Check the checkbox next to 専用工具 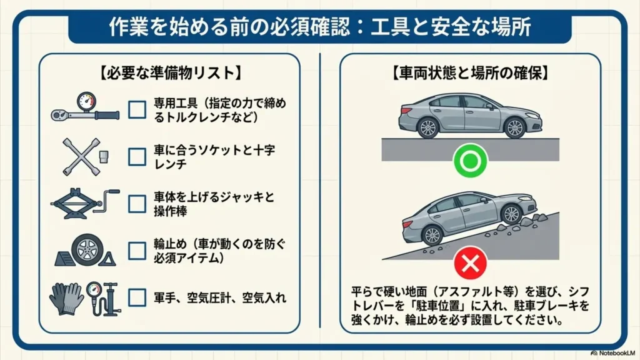coord(137,109)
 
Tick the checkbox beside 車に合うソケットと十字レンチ coord(137,157)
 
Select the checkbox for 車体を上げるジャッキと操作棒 coord(137,204)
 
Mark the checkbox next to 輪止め coord(137,251)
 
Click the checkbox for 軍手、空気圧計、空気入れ coord(137,297)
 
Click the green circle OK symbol coord(470,161)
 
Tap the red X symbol coord(470,263)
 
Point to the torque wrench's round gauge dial coord(86,101)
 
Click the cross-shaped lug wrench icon coord(81,157)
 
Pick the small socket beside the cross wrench coord(104,156)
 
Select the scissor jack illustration coord(85,203)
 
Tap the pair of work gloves coord(66,298)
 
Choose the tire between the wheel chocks coord(87,250)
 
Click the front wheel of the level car coord(514,127)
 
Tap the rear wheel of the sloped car coord(432,235)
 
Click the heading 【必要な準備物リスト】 coord(170,73)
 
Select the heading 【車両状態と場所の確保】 coord(470,73)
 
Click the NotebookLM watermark coord(613,353)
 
